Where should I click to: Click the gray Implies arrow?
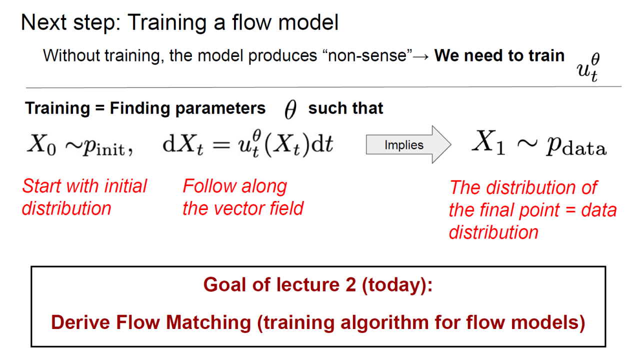(408, 144)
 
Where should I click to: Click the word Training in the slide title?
(167, 23)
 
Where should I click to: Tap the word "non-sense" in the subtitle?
(367, 55)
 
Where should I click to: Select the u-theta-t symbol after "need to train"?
(588, 67)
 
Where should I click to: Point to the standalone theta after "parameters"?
(290, 109)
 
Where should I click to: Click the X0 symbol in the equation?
(41, 145)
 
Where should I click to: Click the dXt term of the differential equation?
(183, 144)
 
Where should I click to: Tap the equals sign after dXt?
(221, 145)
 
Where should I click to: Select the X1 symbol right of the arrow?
(488, 142)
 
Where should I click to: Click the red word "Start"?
(41, 186)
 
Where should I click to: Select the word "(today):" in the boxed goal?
(397, 285)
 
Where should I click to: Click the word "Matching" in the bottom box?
(208, 323)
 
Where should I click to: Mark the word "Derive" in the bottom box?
(80, 322)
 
